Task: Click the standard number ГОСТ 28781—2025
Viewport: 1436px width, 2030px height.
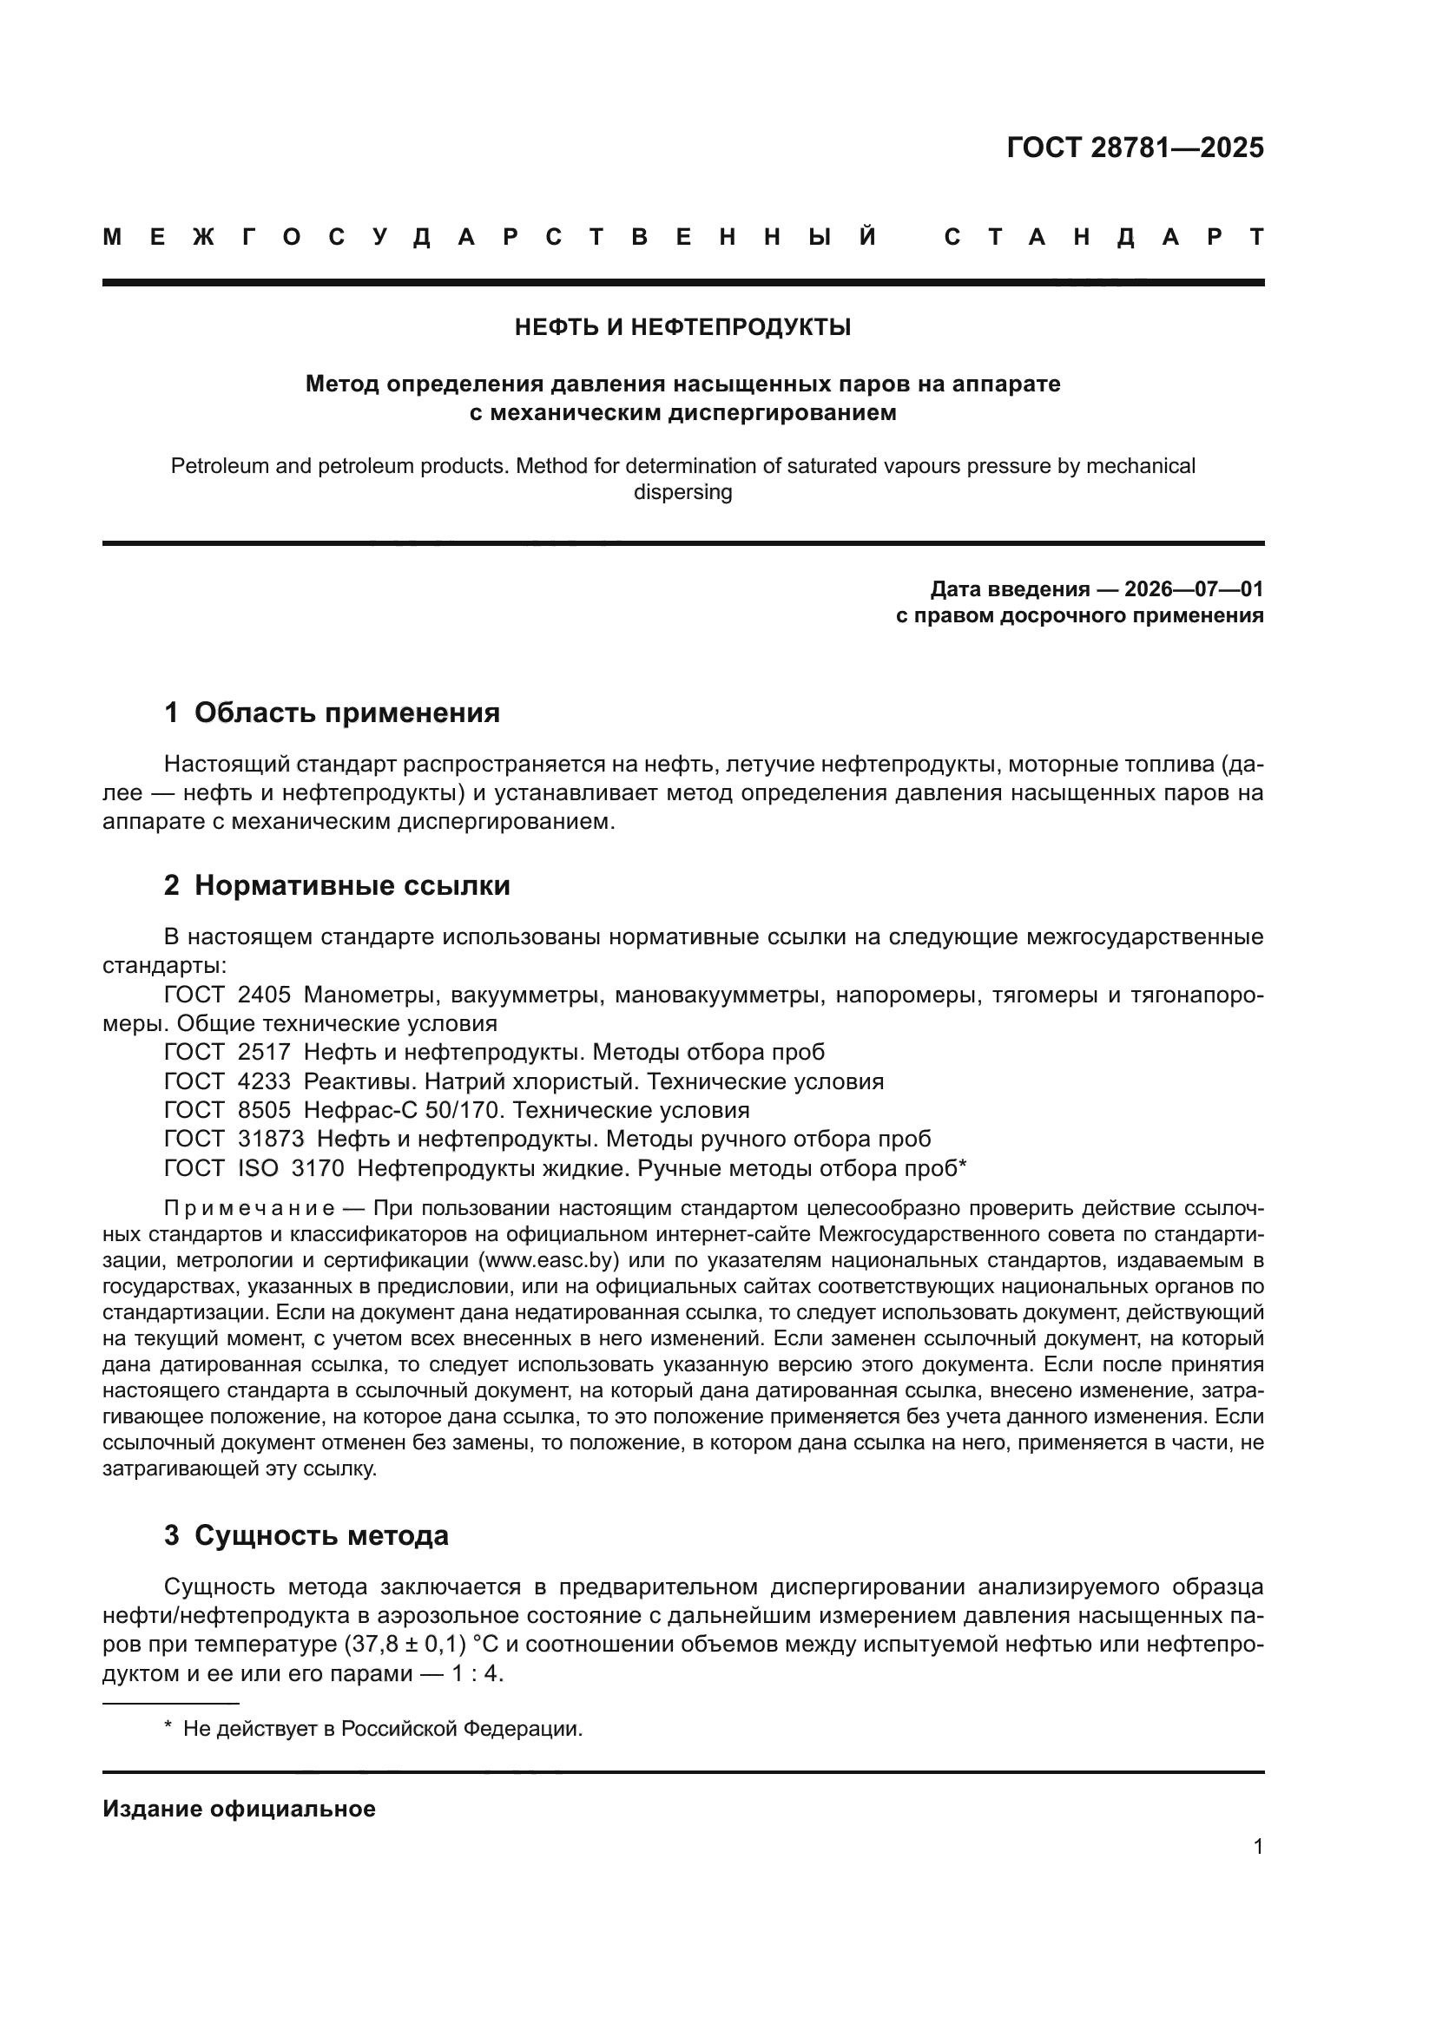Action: pyautogui.click(x=1135, y=148)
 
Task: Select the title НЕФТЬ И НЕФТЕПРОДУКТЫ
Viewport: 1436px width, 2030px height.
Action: pyautogui.click(x=682, y=328)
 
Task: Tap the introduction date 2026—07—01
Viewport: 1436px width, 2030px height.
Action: pyautogui.click(x=1194, y=588)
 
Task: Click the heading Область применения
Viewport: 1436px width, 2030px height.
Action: pyautogui.click(x=346, y=713)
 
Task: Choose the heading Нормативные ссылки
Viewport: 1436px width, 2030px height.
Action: pyautogui.click(x=352, y=885)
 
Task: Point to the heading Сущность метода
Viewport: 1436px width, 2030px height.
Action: pyautogui.click(x=321, y=1535)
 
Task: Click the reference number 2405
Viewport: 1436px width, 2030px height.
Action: pyautogui.click(x=265, y=995)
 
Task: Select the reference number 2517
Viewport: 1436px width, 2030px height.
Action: pyautogui.click(x=265, y=1052)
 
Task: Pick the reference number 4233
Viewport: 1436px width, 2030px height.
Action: pyautogui.click(x=265, y=1081)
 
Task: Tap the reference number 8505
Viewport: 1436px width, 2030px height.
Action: pyautogui.click(x=265, y=1111)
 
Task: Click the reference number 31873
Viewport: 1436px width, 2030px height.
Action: pyautogui.click(x=271, y=1139)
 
